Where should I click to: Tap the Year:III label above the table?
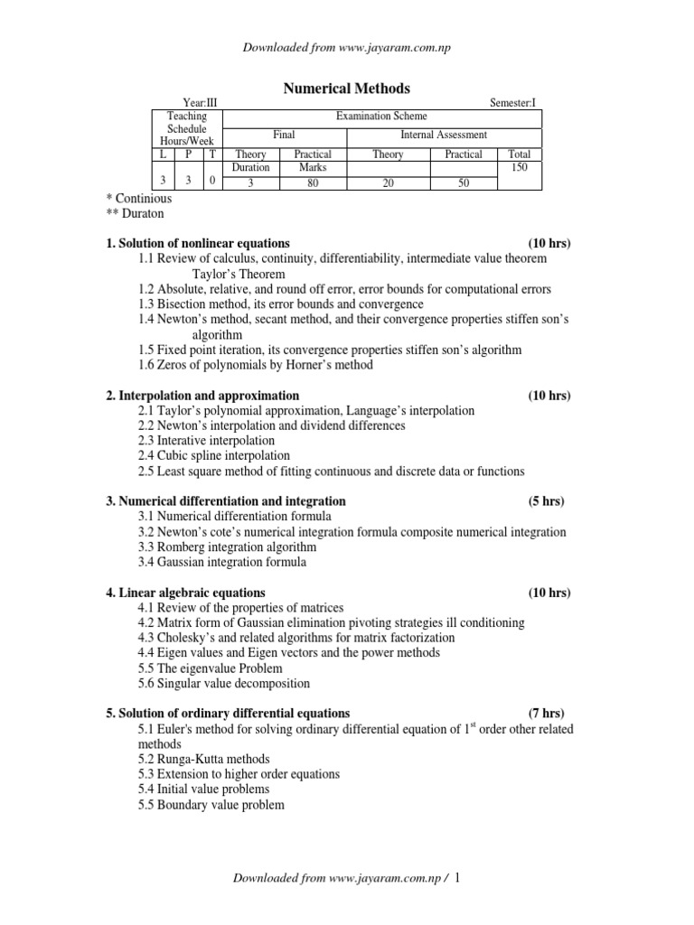(x=201, y=104)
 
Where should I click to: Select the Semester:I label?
(x=512, y=104)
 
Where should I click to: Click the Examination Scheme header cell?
(x=381, y=117)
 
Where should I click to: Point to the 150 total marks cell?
(x=520, y=168)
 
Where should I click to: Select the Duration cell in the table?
(x=250, y=168)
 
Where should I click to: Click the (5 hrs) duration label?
(x=548, y=500)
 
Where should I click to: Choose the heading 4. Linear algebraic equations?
(x=186, y=593)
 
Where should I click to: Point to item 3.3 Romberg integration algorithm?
(x=228, y=547)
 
